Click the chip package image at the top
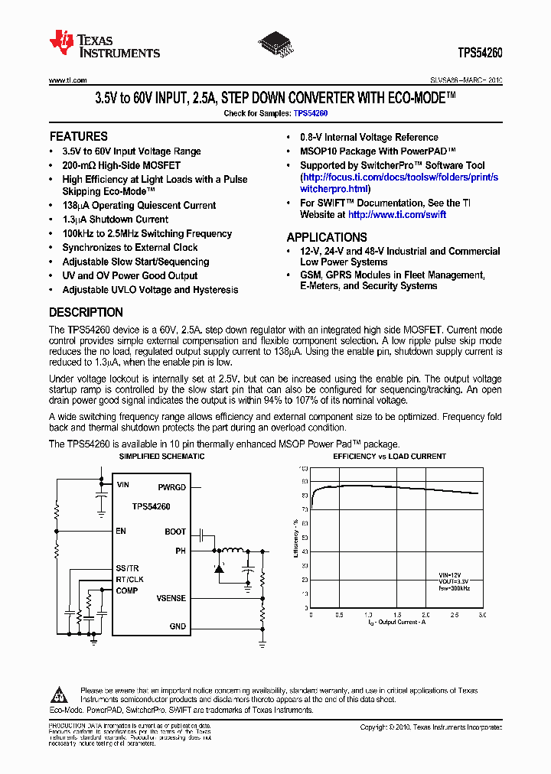[x=276, y=43]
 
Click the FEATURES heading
[x=78, y=137]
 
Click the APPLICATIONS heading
[x=326, y=237]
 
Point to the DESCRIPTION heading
[x=86, y=312]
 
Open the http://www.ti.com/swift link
[x=403, y=216]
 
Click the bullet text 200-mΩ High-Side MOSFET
[x=121, y=165]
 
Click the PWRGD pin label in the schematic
[x=171, y=486]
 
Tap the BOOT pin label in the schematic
[x=175, y=532]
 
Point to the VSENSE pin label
[x=171, y=598]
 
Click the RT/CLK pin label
[x=129, y=579]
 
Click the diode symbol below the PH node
[x=219, y=568]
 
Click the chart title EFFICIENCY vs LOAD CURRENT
[x=390, y=457]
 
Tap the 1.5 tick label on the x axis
[x=396, y=615]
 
